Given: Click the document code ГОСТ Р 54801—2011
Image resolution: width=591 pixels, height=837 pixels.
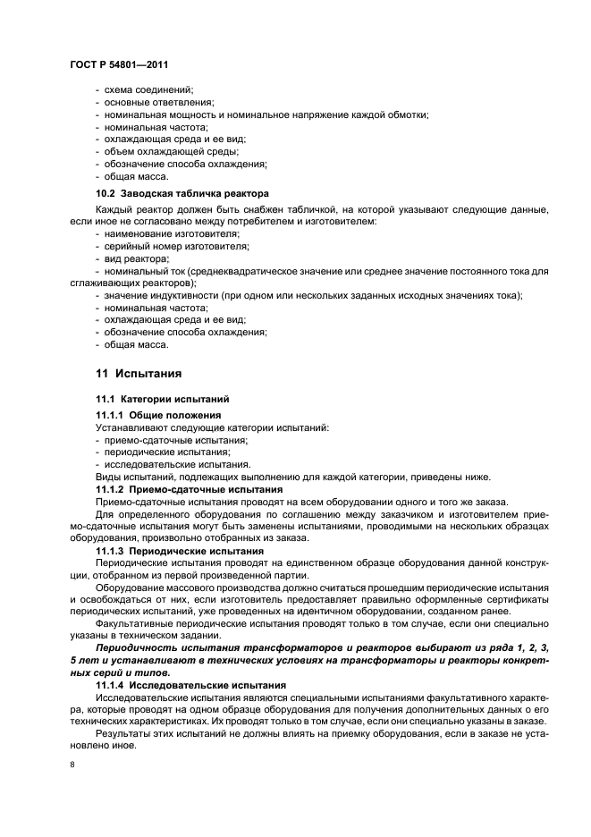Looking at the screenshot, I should [118, 65].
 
